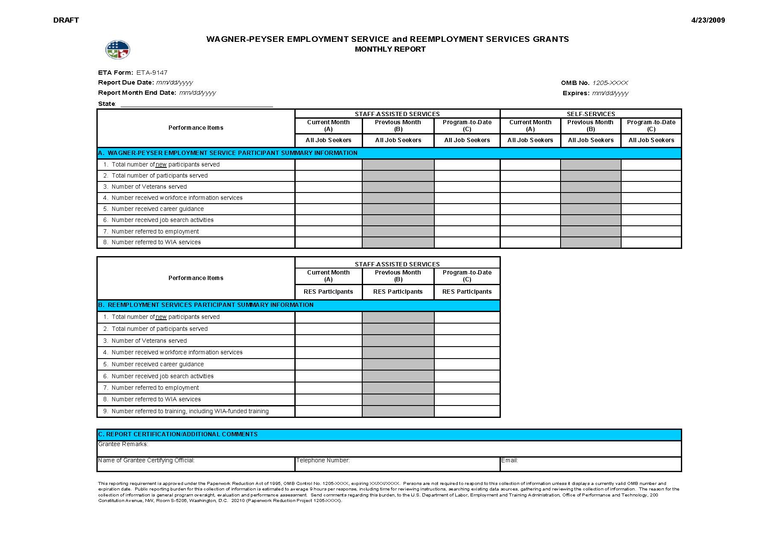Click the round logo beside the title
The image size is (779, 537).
(118, 50)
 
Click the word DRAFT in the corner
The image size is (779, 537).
(66, 20)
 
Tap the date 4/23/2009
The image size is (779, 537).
(708, 20)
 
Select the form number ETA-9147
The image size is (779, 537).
(152, 73)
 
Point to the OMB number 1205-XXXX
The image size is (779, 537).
(610, 83)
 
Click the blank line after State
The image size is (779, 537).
(197, 104)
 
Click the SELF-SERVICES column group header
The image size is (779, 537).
(591, 114)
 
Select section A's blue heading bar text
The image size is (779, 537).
(228, 153)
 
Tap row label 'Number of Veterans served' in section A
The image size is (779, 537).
(149, 187)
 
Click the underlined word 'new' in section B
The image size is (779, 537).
(161, 317)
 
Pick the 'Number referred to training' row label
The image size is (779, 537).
(190, 411)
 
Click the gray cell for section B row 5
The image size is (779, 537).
(398, 364)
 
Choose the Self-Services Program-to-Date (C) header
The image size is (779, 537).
(651, 125)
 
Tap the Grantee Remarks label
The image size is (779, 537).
(123, 444)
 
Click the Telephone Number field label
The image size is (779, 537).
(323, 460)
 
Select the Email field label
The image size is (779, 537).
(509, 460)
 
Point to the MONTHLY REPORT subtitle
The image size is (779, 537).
(390, 49)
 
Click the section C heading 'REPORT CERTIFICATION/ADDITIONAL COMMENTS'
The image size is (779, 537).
(178, 434)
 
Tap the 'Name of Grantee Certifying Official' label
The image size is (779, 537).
(146, 460)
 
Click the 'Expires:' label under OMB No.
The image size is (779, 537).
(576, 93)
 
